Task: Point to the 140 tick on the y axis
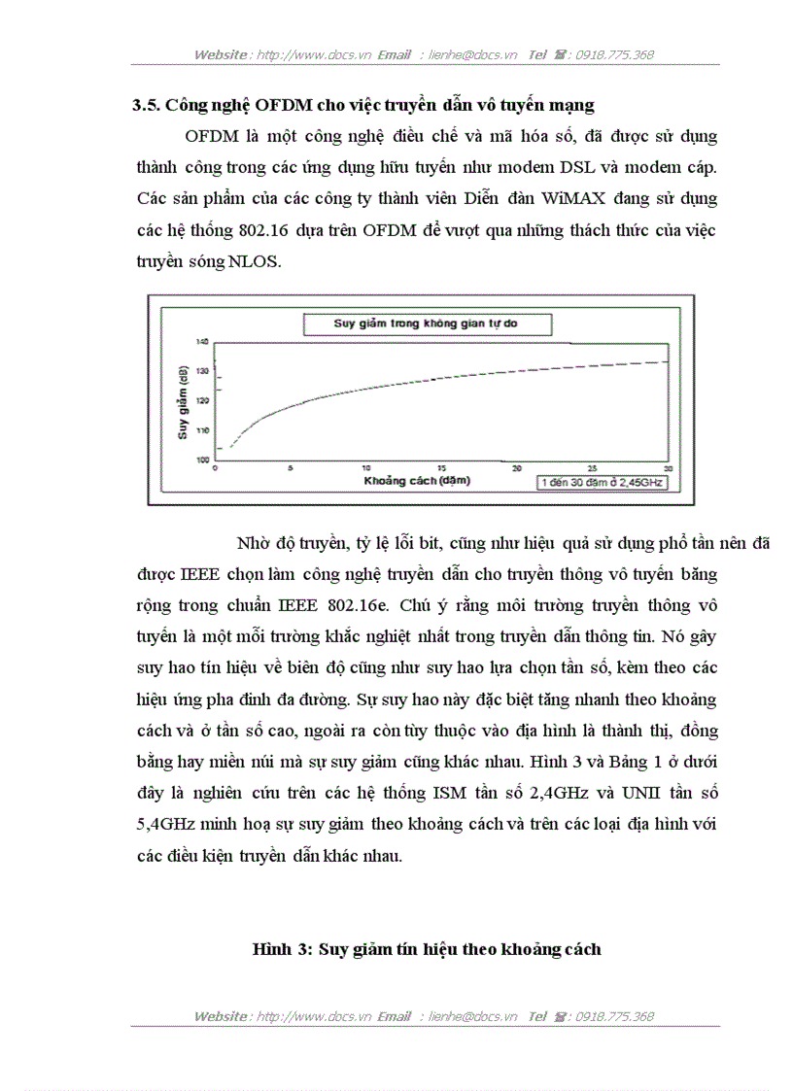click(x=203, y=342)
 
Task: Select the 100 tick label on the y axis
click(x=203, y=460)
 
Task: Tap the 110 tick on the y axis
click(x=203, y=429)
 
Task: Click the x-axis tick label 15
click(x=441, y=468)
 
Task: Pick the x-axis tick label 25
click(x=592, y=468)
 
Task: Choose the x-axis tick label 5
click(x=291, y=468)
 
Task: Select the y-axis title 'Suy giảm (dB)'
click(x=183, y=401)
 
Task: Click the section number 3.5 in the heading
click(x=146, y=105)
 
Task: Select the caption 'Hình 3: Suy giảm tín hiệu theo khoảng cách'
click(x=427, y=949)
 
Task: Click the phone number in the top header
click(x=614, y=55)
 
